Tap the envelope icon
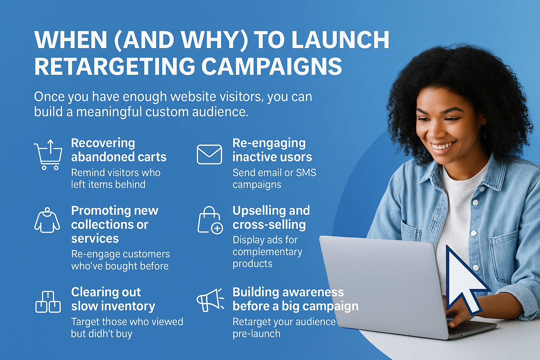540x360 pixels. click(209, 154)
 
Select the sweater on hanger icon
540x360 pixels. click(47, 220)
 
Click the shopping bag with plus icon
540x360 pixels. click(210, 220)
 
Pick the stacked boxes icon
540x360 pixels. click(48, 302)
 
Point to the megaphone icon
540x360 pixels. click(210, 300)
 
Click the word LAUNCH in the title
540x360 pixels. click(340, 40)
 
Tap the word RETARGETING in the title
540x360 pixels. click(115, 66)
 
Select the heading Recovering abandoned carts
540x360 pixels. click(118, 150)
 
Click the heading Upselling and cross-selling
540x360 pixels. click(271, 218)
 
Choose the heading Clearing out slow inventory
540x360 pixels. click(113, 299)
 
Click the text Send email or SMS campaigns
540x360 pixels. click(274, 179)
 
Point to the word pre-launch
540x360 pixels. click(257, 334)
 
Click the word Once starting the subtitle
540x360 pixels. click(50, 97)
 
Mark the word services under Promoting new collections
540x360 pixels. click(95, 239)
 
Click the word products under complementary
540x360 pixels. click(252, 264)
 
